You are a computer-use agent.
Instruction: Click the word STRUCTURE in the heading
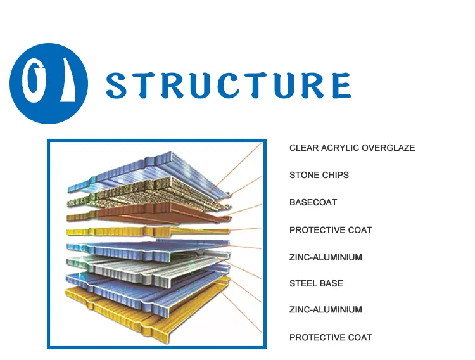(228, 85)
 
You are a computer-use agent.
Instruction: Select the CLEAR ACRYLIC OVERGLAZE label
(352, 148)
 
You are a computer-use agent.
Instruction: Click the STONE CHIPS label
(319, 175)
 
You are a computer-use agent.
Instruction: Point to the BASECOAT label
(313, 202)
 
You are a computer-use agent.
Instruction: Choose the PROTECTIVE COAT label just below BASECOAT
(331, 230)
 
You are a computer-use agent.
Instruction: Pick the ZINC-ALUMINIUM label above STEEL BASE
(326, 257)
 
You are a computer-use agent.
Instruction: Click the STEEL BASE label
(316, 283)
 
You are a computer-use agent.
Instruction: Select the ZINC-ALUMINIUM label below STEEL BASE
(326, 310)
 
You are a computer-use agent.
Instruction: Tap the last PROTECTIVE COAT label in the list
(331, 337)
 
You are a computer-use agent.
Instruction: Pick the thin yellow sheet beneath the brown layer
(146, 231)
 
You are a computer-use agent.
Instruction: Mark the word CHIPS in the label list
(336, 175)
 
